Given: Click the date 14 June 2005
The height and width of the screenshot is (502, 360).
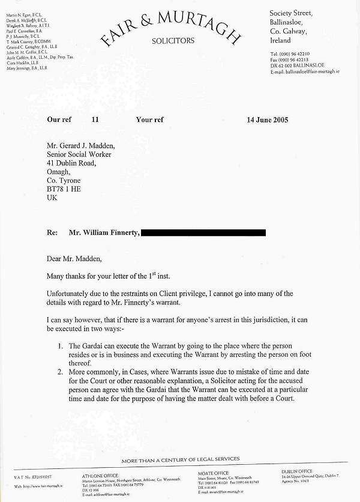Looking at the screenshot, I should coord(267,119).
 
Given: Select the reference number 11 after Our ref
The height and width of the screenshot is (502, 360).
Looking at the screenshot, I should coord(95,119).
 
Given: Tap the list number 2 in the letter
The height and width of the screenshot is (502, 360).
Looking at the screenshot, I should coord(61,372).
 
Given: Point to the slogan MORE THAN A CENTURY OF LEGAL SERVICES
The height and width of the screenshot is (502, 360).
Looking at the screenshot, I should coord(180,459).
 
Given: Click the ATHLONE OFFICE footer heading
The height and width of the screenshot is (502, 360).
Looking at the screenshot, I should coord(100,474).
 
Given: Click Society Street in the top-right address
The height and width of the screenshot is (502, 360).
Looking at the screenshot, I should coord(292,13).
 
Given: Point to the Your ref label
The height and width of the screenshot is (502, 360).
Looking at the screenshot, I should coord(149,119).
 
